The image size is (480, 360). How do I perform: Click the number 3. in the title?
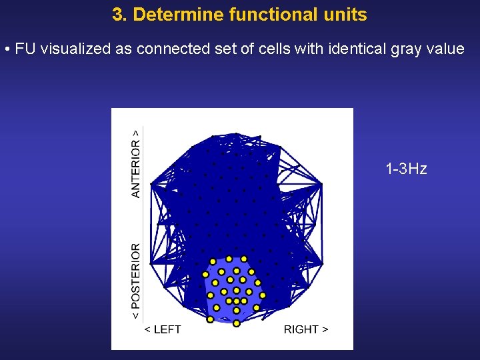pos(120,15)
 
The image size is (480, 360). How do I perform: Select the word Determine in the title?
pos(169,15)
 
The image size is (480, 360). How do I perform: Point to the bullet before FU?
pos(6,50)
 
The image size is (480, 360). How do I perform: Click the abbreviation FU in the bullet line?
pos(25,50)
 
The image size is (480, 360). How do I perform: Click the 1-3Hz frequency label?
pos(406,169)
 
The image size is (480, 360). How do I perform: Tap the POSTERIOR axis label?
pos(136,280)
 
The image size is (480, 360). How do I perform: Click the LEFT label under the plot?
pos(163,329)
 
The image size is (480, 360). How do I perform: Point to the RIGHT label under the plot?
pos(306,329)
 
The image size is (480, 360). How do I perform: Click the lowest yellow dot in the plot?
pos(237,323)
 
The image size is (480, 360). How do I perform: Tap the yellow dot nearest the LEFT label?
pos(209,319)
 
